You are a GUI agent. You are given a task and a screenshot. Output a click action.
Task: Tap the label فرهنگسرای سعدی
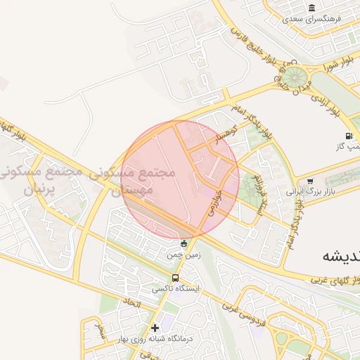click(312, 19)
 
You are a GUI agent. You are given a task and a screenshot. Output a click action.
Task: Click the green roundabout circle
click(295, 75)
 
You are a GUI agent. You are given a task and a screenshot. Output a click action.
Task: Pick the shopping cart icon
click(310, 181)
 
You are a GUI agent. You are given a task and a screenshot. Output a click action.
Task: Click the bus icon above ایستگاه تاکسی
click(176, 277)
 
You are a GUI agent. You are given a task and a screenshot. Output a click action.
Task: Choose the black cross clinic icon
click(155, 327)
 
